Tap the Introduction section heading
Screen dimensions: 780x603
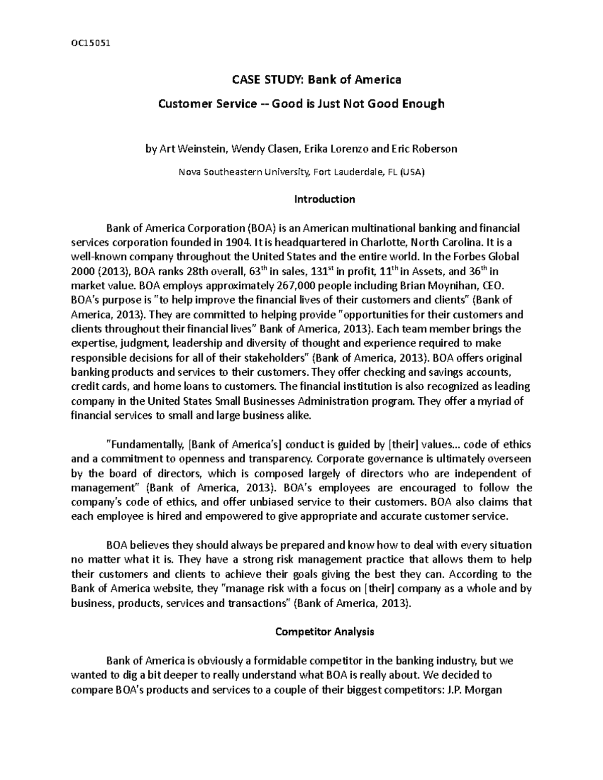[325, 199]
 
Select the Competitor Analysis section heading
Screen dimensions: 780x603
[325, 632]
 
